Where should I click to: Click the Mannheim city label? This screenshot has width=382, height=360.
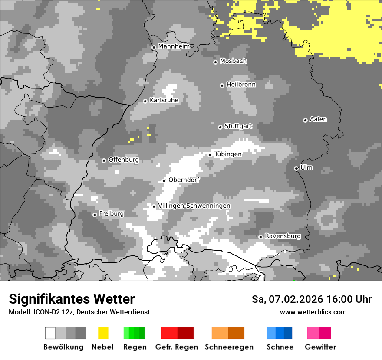click(x=174, y=46)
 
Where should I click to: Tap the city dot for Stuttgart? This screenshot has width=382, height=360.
click(x=220, y=127)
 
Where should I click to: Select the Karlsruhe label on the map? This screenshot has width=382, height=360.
click(x=164, y=100)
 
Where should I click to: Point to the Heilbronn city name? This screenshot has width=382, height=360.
click(x=241, y=85)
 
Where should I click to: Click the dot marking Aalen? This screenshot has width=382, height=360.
click(x=305, y=120)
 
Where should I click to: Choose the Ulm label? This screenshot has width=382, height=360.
click(x=306, y=167)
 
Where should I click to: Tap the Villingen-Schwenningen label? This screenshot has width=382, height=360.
click(x=194, y=206)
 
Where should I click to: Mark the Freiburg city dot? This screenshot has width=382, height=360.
click(x=95, y=215)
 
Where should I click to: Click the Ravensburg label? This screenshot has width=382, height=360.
click(x=283, y=236)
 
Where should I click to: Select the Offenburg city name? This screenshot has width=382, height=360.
click(x=123, y=160)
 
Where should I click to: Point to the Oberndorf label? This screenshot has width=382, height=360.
click(x=184, y=180)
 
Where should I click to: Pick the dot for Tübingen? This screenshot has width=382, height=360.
click(x=210, y=155)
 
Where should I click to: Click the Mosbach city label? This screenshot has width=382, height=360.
click(x=233, y=61)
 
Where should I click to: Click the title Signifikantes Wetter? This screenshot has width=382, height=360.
click(x=72, y=299)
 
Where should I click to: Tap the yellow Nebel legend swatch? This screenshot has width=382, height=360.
click(x=103, y=333)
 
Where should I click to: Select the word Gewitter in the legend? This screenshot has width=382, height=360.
click(x=320, y=347)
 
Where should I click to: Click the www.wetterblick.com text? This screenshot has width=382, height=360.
click(x=313, y=312)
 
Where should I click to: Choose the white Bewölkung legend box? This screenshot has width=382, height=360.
click(x=50, y=333)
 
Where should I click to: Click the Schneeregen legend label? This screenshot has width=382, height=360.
click(x=229, y=347)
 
